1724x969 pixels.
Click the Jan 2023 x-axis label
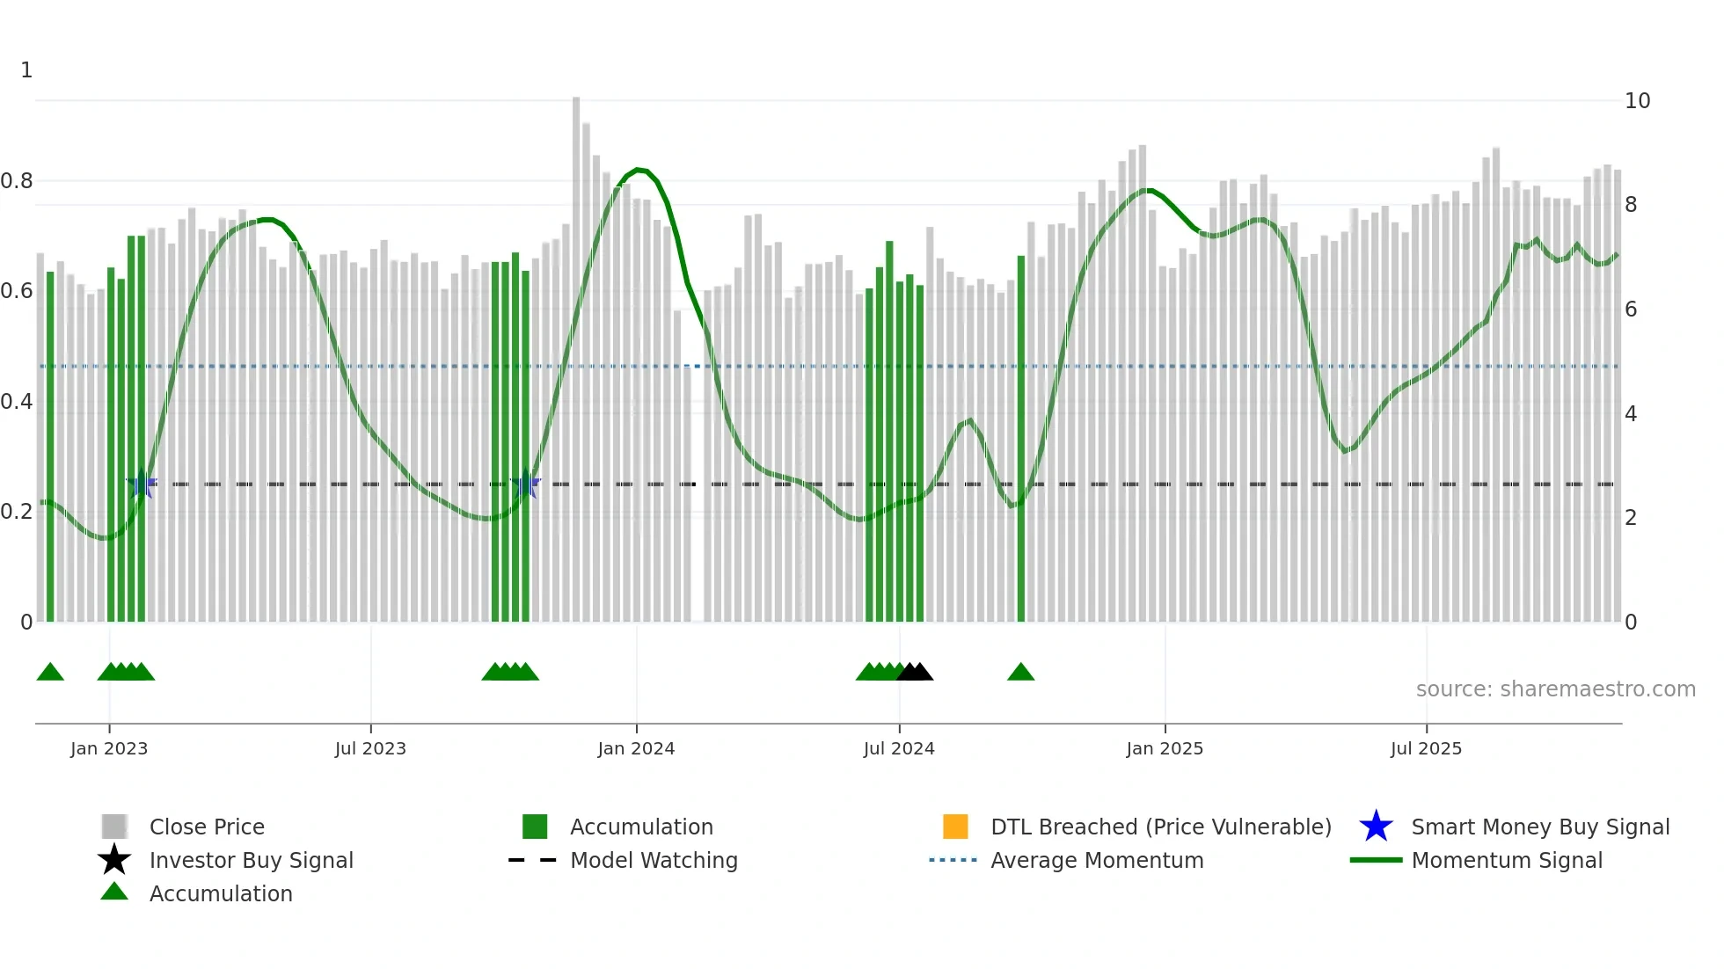pyautogui.click(x=109, y=748)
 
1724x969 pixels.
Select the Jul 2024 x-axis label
pyautogui.click(x=899, y=748)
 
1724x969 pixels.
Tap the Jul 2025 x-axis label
pyautogui.click(x=1426, y=748)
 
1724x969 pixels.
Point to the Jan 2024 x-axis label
pyautogui.click(x=636, y=748)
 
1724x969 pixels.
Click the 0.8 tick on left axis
pyautogui.click(x=17, y=181)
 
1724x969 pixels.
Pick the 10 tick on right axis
pyautogui.click(x=1637, y=101)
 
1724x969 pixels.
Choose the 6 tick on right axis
pyautogui.click(x=1631, y=310)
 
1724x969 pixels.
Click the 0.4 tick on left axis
pyautogui.click(x=17, y=402)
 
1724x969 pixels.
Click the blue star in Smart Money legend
pyautogui.click(x=1376, y=827)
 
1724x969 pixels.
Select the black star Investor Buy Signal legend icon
pyautogui.click(x=114, y=860)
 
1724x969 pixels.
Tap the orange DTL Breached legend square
pyautogui.click(x=955, y=827)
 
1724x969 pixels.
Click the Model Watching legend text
pyautogui.click(x=654, y=860)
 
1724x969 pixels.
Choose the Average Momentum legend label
pyautogui.click(x=1097, y=860)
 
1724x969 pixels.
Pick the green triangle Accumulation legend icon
pyautogui.click(x=114, y=892)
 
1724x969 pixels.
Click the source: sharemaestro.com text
pyautogui.click(x=1555, y=688)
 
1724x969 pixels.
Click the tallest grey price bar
pyautogui.click(x=576, y=352)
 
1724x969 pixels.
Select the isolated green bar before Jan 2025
pyautogui.click(x=1021, y=440)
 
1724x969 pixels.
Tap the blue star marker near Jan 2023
pyautogui.click(x=142, y=484)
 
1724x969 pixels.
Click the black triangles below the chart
pyautogui.click(x=915, y=672)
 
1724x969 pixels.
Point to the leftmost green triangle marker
pyautogui.click(x=50, y=672)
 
